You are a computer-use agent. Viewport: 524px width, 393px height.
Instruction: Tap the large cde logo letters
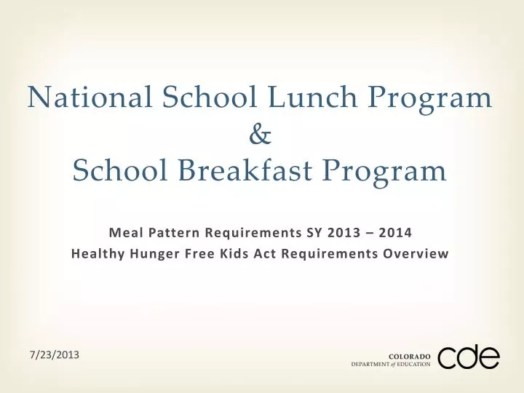(x=469, y=357)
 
